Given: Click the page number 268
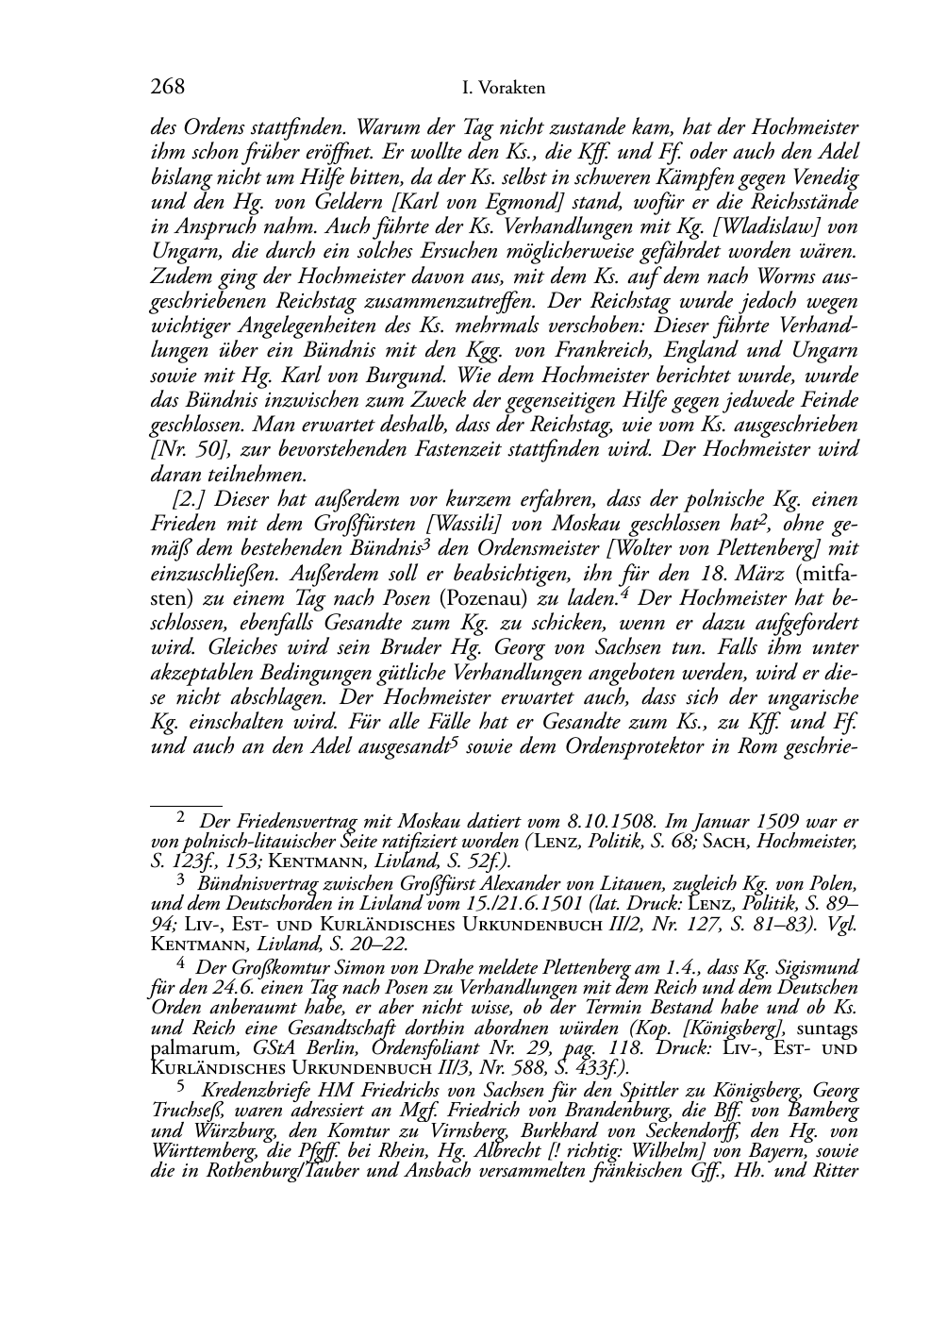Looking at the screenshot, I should click(167, 88).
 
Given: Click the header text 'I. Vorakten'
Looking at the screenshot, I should click(505, 89).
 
